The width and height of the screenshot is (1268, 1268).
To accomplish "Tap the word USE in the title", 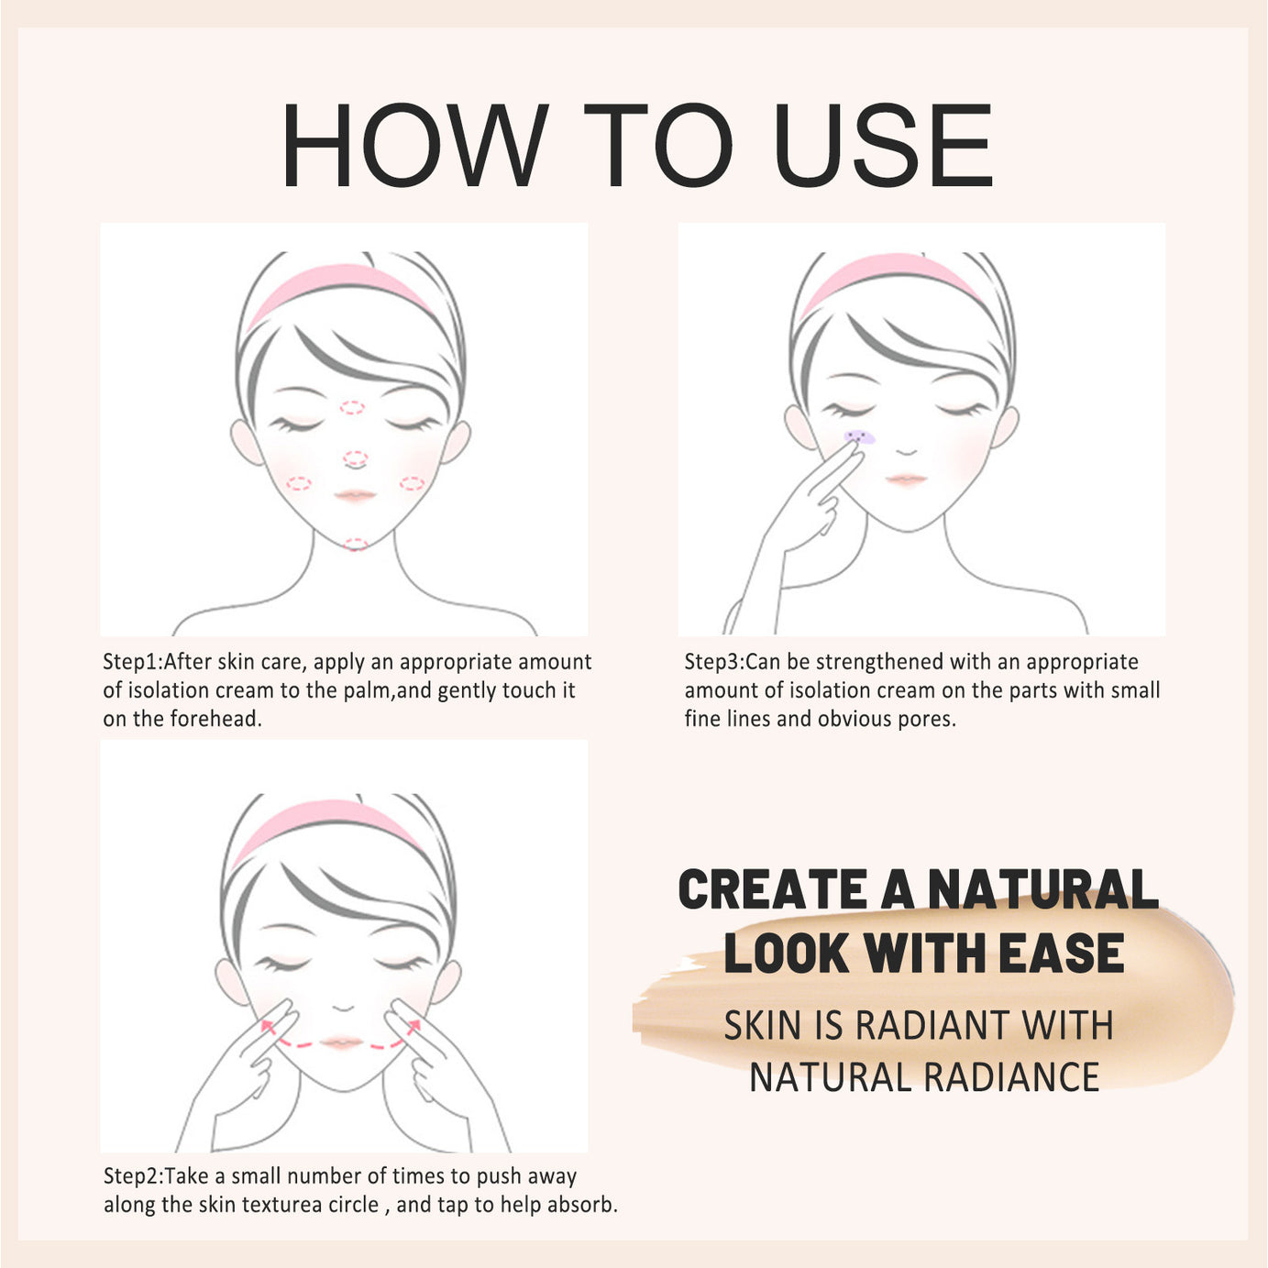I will pos(883,146).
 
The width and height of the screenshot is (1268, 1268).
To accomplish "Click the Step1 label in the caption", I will pos(131,662).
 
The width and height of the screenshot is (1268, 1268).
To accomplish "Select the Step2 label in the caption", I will pos(132,1176).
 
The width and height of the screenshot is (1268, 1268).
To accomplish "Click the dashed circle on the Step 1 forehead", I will pos(352,407).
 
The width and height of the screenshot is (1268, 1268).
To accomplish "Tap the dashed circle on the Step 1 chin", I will pos(355,545).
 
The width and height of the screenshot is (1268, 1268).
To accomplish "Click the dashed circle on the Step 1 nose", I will pos(356,458).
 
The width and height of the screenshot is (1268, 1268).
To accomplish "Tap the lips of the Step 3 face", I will pos(906,480).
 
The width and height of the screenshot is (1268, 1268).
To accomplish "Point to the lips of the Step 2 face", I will pos(341,1043).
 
